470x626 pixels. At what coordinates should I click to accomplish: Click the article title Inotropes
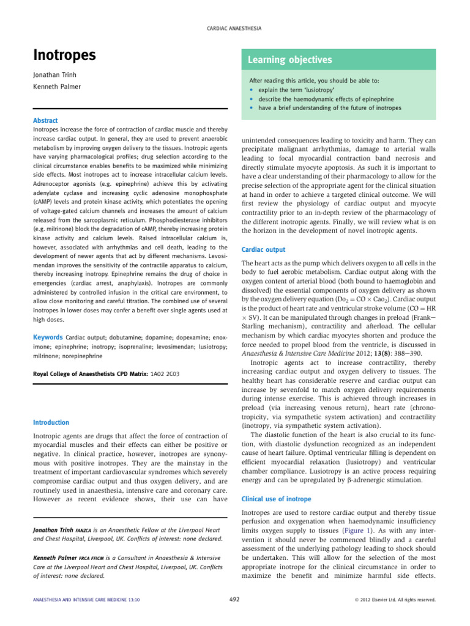(64, 55)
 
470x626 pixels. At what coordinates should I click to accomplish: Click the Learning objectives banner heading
(289, 59)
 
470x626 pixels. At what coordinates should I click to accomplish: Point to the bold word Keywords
(48, 337)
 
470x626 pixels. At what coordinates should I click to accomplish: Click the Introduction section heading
(51, 422)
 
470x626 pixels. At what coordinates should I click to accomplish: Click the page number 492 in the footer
(234, 600)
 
